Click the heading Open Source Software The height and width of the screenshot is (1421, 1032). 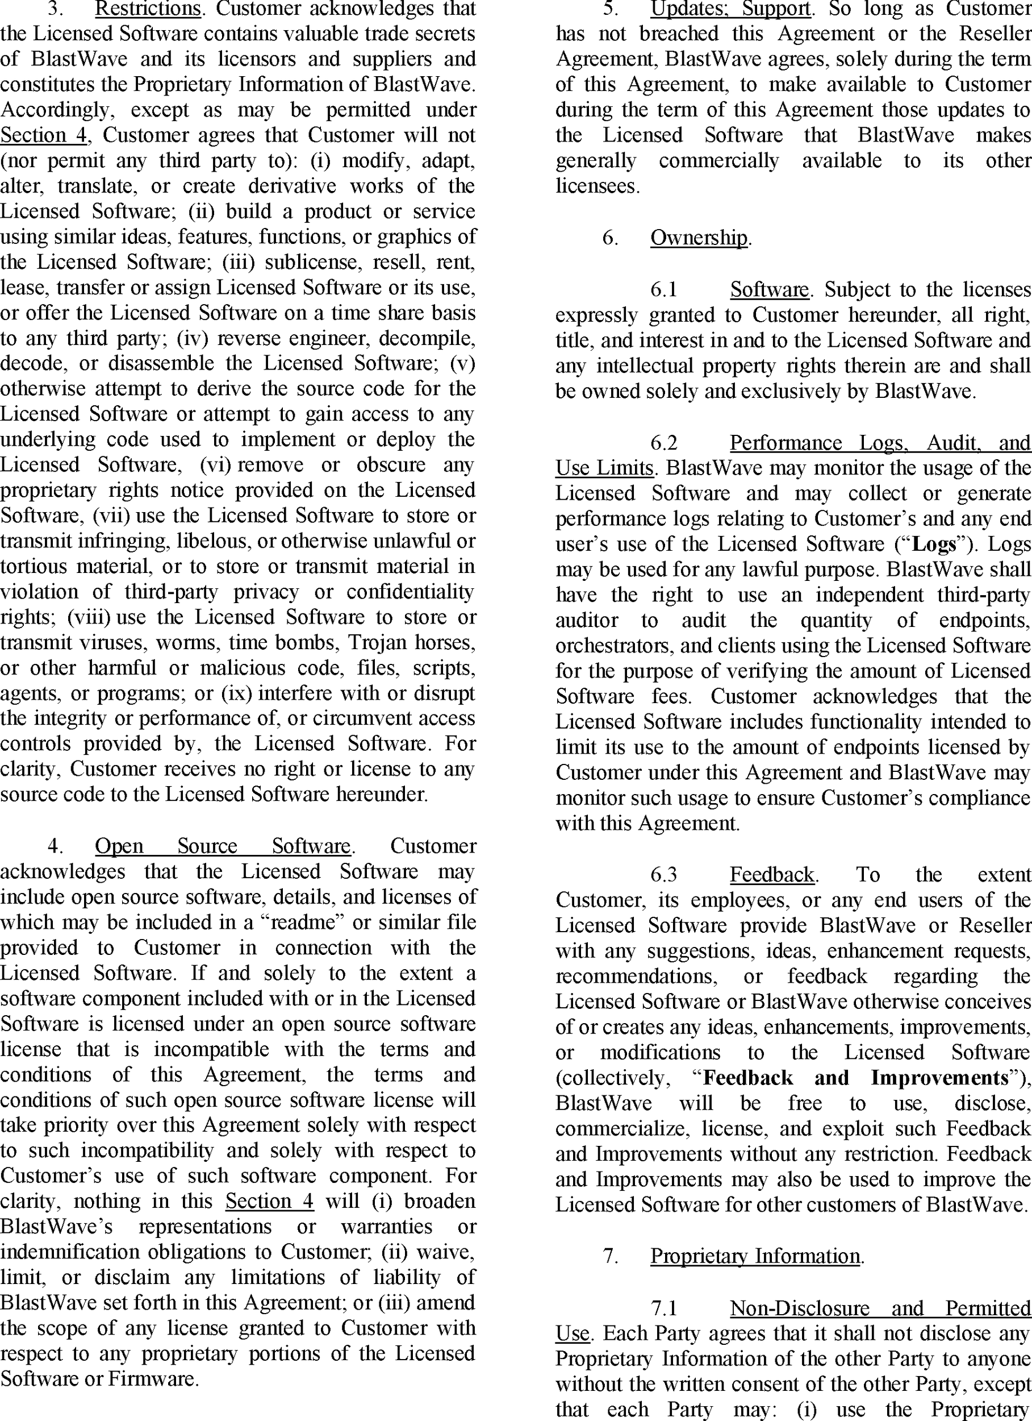coord(222,846)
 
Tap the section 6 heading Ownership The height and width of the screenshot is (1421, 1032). coord(698,238)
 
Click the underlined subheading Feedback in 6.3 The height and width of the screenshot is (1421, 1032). coord(771,874)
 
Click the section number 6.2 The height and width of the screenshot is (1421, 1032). coord(664,443)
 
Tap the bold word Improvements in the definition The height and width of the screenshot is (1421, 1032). coord(939,1077)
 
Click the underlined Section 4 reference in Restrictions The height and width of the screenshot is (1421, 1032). coord(43,135)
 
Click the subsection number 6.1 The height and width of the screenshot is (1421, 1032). coord(664,289)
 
